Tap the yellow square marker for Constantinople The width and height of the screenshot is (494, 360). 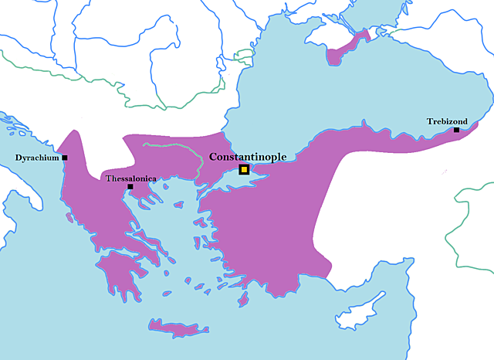pyautogui.click(x=244, y=170)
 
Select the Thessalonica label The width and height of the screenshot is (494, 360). pyautogui.click(x=130, y=178)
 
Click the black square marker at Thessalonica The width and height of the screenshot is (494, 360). pyautogui.click(x=130, y=186)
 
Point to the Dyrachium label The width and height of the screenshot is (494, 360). pyautogui.click(x=37, y=158)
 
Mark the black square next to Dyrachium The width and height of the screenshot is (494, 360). pyautogui.click(x=65, y=158)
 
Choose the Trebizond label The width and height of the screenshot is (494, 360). pyautogui.click(x=448, y=121)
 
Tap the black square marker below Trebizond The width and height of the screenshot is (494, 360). pyautogui.click(x=456, y=130)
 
